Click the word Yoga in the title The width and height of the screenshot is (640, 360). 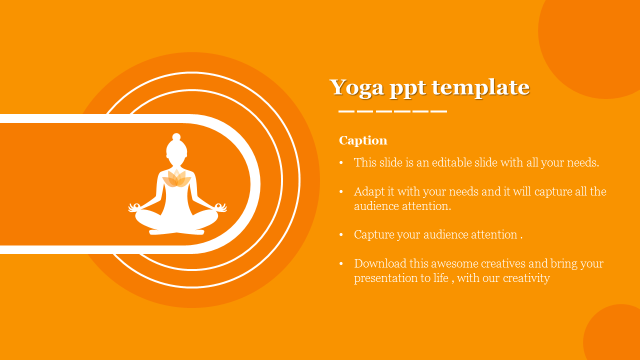357,87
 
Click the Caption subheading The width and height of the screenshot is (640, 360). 363,140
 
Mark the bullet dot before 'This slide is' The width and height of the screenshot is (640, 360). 341,163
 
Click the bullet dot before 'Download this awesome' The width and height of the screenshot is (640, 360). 341,263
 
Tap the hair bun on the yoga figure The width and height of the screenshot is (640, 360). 176,137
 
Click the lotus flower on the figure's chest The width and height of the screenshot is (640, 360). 176,178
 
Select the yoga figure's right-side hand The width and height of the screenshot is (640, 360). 221,207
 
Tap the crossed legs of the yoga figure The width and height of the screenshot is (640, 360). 176,222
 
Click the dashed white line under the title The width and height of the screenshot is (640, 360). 392,111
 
